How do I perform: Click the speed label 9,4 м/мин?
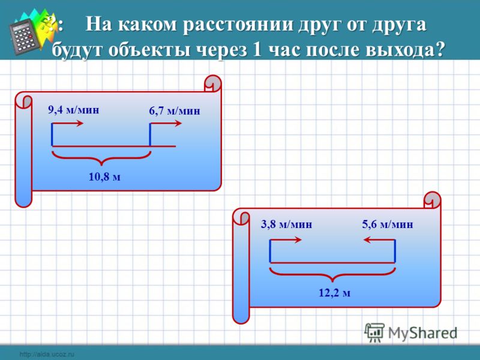[73, 110]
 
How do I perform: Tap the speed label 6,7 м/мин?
[175, 110]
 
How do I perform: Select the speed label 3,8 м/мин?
[287, 224]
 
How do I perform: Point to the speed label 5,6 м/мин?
[388, 224]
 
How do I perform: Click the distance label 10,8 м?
[104, 176]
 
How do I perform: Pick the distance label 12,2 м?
[335, 293]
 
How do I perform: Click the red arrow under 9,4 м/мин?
[68, 124]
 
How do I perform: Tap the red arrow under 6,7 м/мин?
[166, 124]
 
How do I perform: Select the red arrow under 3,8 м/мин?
[286, 239]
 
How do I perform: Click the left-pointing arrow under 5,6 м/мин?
[379, 239]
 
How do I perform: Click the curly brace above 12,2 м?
[332, 274]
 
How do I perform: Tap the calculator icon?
[25, 36]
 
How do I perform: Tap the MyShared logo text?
[422, 333]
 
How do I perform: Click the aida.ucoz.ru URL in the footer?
[47, 355]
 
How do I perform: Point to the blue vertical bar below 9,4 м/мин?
[52, 134]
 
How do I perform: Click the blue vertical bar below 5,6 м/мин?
[395, 251]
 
